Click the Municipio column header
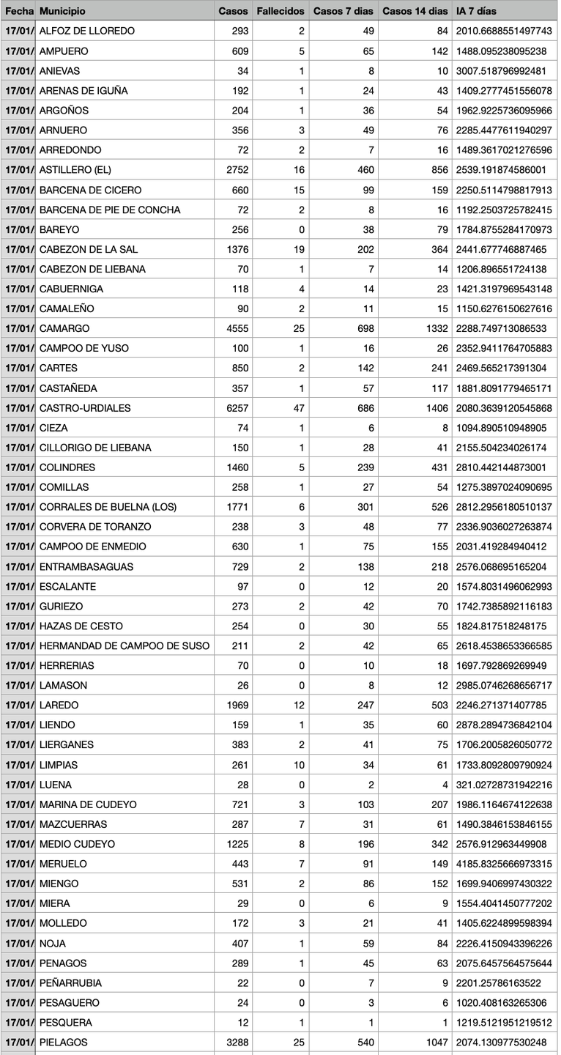click(x=62, y=12)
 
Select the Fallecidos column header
click(x=280, y=12)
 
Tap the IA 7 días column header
click(x=476, y=12)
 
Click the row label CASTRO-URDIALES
click(x=85, y=408)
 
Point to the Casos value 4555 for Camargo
click(x=234, y=329)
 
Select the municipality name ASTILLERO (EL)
click(x=75, y=170)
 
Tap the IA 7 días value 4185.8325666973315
click(x=504, y=864)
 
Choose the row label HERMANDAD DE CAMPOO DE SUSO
click(x=125, y=645)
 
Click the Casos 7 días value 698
click(x=365, y=329)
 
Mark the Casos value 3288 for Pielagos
click(x=234, y=1042)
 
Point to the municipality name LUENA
click(x=56, y=785)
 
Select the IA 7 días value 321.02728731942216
click(x=504, y=785)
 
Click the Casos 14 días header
click(x=415, y=12)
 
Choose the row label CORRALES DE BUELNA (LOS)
click(x=108, y=507)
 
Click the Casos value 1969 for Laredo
click(x=234, y=705)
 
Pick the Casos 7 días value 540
click(x=365, y=1042)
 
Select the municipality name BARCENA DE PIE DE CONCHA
click(x=110, y=210)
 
